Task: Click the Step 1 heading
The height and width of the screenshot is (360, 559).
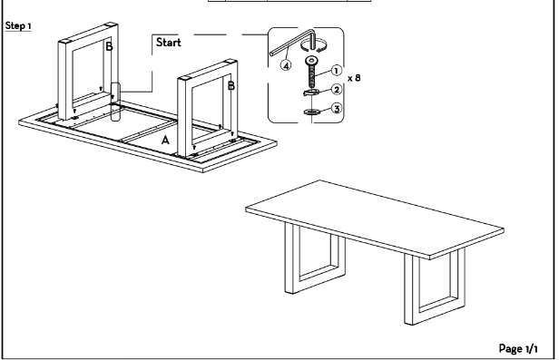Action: click(18, 26)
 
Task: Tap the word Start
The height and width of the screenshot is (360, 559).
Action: click(169, 43)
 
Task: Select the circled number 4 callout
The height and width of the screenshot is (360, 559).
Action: click(286, 65)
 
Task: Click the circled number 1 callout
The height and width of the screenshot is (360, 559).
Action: click(336, 71)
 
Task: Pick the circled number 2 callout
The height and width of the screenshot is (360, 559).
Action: click(337, 90)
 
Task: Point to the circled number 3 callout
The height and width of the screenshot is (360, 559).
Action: click(337, 108)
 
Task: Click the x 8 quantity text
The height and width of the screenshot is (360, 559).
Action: click(354, 78)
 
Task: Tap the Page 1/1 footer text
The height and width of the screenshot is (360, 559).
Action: click(518, 348)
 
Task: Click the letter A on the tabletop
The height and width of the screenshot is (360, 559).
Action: click(165, 141)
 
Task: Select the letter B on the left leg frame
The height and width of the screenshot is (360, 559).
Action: click(110, 46)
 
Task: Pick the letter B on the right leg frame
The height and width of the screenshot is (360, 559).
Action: click(231, 86)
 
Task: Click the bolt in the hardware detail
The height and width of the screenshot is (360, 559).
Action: click(312, 72)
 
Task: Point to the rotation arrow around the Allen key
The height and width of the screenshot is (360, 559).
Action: click(314, 46)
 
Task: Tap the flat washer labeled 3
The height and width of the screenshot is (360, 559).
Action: click(311, 112)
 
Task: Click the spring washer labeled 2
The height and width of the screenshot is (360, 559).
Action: click(311, 92)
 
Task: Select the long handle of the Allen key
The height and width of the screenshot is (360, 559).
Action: click(290, 44)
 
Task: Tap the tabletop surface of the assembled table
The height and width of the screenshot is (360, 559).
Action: click(374, 219)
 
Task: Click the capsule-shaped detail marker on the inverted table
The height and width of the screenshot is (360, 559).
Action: click(115, 102)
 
